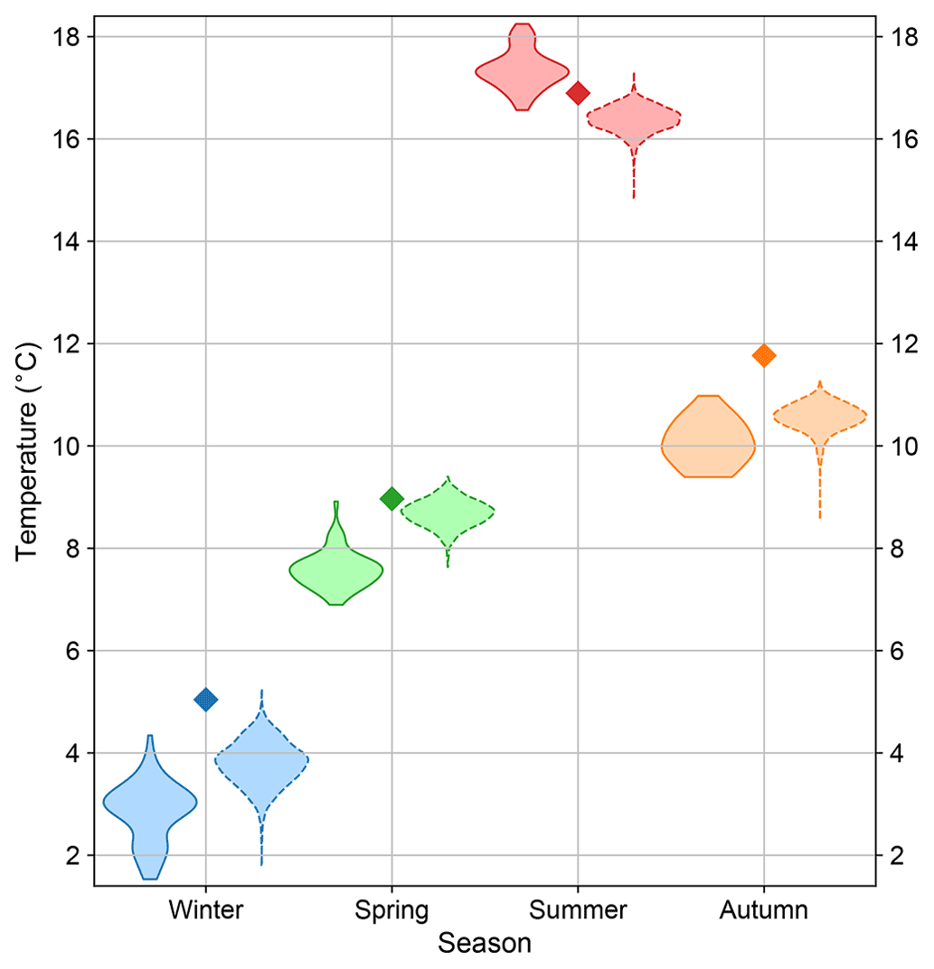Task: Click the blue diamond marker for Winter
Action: point(205,700)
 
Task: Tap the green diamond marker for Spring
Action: point(392,498)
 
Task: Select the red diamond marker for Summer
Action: point(578,92)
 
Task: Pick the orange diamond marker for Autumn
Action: point(764,355)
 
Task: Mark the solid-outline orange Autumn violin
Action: point(708,443)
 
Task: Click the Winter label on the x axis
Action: point(205,909)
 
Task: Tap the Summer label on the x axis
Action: point(578,909)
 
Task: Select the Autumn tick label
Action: point(764,909)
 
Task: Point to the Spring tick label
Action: point(392,909)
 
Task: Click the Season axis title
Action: point(485,944)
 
